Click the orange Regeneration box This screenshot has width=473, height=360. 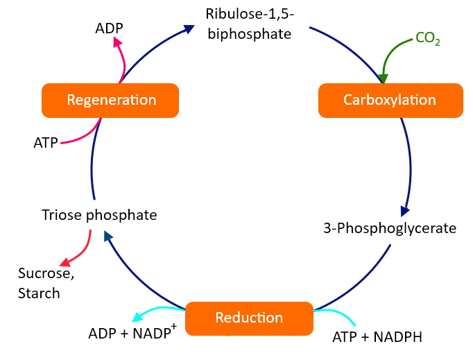click(111, 100)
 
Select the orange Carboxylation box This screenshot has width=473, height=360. click(390, 100)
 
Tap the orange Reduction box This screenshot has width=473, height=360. click(249, 318)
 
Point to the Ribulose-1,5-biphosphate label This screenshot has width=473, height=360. click(248, 23)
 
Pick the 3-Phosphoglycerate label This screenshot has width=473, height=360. click(390, 228)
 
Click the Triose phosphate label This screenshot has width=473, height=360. click(99, 215)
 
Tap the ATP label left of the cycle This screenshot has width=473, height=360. click(46, 143)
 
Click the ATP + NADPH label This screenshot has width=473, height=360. click(377, 338)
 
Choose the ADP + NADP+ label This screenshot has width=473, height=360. click(133, 332)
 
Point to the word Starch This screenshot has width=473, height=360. click(39, 293)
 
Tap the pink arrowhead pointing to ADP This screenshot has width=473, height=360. click(117, 42)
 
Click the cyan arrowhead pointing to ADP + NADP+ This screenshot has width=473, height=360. click(138, 318)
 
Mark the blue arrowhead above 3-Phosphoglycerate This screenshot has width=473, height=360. click(405, 210)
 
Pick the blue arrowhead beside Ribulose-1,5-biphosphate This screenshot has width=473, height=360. click(189, 28)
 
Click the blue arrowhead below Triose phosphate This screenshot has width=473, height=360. click(108, 237)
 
